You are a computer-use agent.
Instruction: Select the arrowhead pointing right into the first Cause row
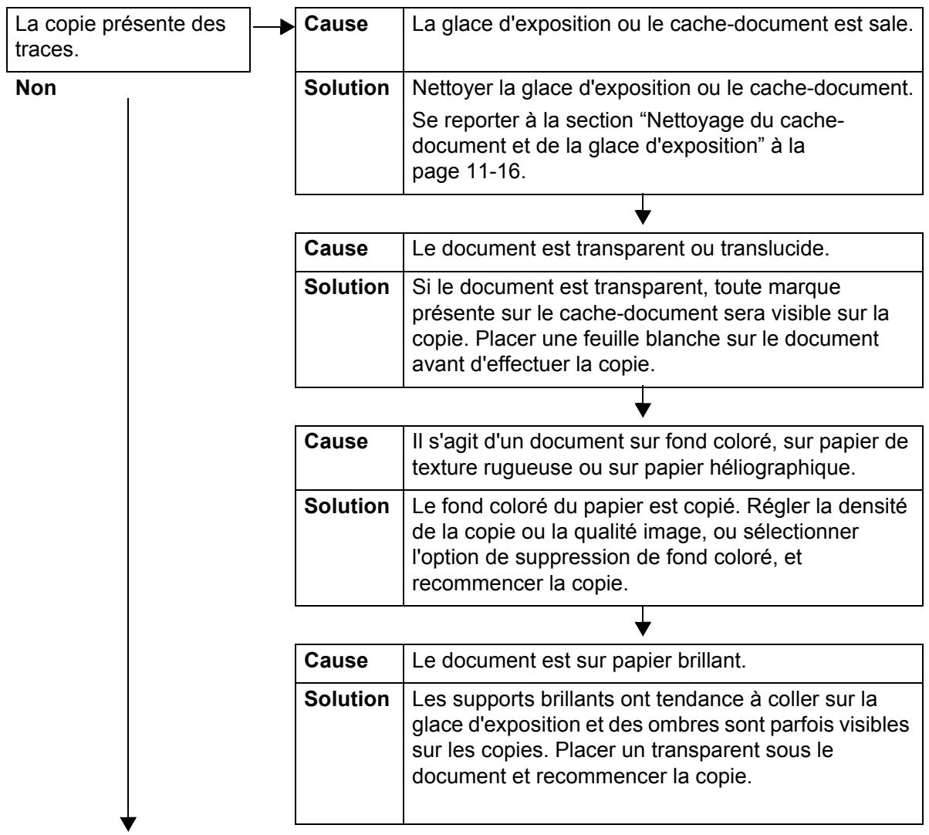(289, 26)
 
